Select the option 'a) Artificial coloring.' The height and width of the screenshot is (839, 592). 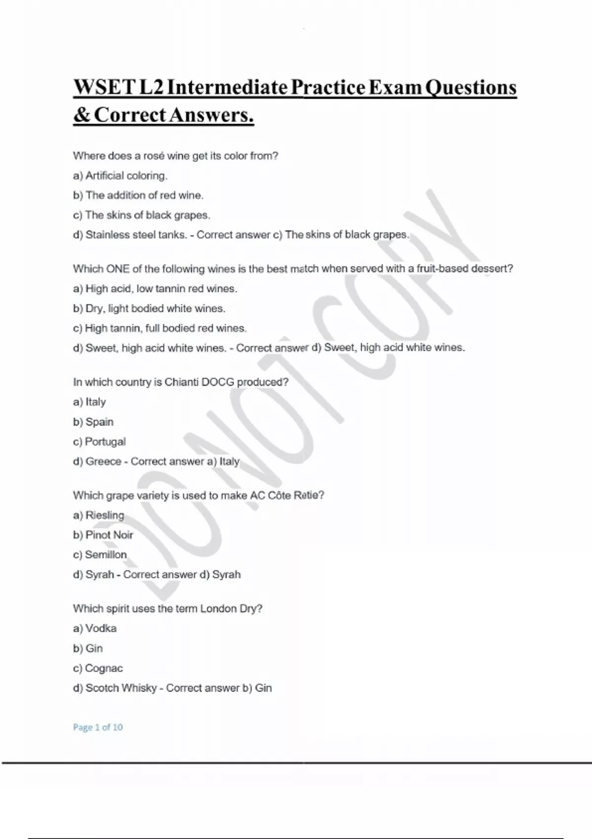(x=120, y=176)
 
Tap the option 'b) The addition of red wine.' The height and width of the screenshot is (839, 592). (x=138, y=195)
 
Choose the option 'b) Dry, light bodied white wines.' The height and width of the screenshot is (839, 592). (x=149, y=308)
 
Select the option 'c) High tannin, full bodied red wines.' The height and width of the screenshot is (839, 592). (x=160, y=328)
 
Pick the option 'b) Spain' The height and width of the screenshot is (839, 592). (x=93, y=422)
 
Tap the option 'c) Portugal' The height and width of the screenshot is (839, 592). (x=99, y=442)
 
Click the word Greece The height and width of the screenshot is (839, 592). (x=103, y=461)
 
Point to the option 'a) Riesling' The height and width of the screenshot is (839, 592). (x=99, y=515)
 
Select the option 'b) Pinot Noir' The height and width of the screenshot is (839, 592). (x=103, y=535)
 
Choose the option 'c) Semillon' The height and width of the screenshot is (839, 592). (x=100, y=555)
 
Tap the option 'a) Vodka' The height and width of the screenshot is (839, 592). (x=95, y=628)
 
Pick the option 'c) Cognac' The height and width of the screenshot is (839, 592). (x=98, y=668)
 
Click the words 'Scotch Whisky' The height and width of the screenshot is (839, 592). (x=121, y=688)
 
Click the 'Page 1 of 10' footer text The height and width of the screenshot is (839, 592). (x=98, y=727)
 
